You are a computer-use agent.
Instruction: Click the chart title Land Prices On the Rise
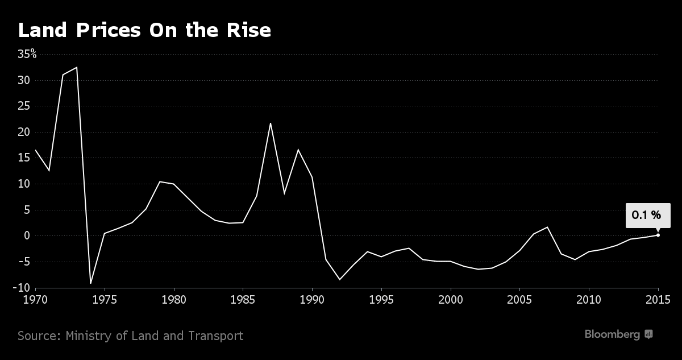[144, 31]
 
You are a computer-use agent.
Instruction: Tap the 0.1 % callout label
[646, 215]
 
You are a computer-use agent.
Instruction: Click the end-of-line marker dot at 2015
[658, 235]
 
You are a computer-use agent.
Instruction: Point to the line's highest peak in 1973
[77, 67]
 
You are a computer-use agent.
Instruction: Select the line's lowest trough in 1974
[90, 283]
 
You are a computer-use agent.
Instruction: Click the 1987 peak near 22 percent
[271, 123]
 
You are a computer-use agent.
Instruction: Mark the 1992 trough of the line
[340, 279]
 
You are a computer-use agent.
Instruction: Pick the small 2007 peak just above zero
[547, 227]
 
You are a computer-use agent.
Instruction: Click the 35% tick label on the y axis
[26, 55]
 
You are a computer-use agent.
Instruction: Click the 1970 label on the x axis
[35, 299]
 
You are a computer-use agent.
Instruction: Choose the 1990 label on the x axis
[312, 299]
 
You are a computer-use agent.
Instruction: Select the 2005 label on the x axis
[519, 299]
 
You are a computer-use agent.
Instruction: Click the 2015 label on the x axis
[658, 299]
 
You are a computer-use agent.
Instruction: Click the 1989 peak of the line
[298, 150]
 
